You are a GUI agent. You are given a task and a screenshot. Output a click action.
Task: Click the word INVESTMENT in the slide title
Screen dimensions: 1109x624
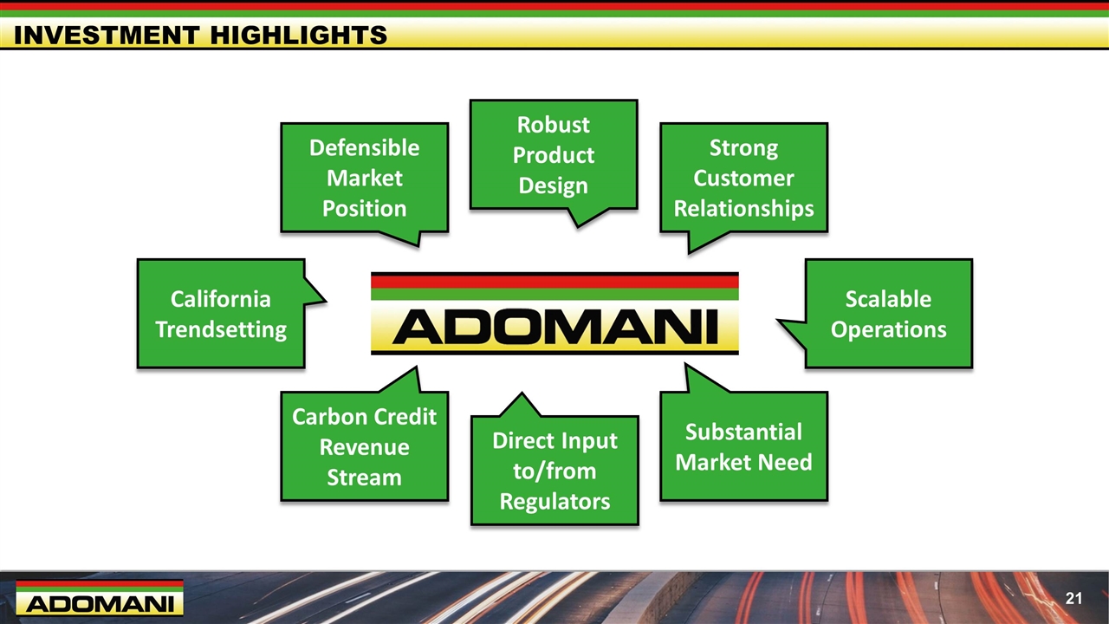(x=107, y=36)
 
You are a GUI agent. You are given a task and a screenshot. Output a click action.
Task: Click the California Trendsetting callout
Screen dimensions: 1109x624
(x=221, y=314)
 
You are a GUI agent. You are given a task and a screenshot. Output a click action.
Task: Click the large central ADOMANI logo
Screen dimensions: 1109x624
(x=554, y=314)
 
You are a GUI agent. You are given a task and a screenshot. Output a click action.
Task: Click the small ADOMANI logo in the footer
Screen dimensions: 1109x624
(x=100, y=598)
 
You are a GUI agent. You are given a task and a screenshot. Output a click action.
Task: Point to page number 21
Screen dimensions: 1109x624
(x=1073, y=598)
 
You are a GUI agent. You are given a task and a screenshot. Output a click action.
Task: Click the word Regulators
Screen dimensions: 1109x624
(x=554, y=501)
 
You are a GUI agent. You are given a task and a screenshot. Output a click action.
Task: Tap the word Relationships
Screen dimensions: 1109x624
(x=743, y=209)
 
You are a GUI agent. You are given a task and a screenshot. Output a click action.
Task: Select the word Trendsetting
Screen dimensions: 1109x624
(x=221, y=329)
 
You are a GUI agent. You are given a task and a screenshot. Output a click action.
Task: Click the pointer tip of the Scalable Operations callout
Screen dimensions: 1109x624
(x=777, y=321)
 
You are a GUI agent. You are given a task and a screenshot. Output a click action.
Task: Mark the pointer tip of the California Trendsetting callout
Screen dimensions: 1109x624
(x=325, y=300)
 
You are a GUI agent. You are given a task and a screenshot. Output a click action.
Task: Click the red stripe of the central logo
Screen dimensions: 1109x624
(x=554, y=281)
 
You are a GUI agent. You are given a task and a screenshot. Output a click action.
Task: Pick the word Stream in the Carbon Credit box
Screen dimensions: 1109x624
(x=365, y=478)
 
